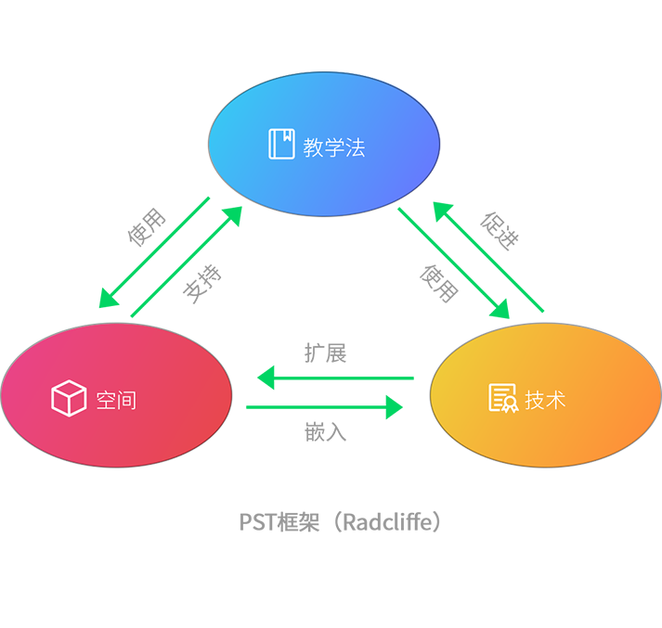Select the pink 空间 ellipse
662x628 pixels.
pos(116,396)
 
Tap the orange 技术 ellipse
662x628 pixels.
pos(546,396)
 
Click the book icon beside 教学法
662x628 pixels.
pos(281,144)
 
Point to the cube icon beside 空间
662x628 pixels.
pos(69,399)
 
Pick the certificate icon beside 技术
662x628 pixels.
pos(502,398)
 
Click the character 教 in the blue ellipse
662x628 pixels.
pos(312,147)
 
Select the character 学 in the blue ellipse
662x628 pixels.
pos(333,147)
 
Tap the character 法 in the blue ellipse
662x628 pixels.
pos(355,147)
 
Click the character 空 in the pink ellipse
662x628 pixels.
pos(105,400)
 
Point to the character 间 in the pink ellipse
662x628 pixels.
pos(126,400)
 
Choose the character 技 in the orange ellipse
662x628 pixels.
pos(535,400)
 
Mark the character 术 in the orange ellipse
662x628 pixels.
pos(556,400)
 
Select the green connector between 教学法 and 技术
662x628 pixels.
pos(474,250)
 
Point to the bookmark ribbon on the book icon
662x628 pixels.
pos(287,135)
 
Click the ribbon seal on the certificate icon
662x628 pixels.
pos(509,405)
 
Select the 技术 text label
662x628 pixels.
pos(546,400)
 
